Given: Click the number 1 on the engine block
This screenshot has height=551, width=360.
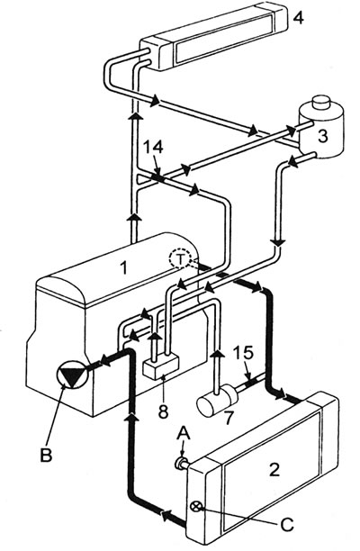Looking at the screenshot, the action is coord(123,268).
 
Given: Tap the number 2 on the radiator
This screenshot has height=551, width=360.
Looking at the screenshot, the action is coord(274,469).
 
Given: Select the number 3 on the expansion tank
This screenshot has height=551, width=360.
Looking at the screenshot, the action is coord(322,136).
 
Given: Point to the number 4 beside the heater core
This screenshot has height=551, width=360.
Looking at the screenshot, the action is coord(298,17).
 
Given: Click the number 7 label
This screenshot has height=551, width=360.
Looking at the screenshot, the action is coord(229,417).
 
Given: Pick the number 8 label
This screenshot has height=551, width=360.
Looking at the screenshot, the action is coord(163,411).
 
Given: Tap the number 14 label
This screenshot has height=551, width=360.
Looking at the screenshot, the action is coord(153,147).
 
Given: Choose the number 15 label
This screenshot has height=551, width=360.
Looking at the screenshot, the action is coord(243,354).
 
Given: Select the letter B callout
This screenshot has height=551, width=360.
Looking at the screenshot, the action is coord(46,456).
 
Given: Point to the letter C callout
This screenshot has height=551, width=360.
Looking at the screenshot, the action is coord(287,526).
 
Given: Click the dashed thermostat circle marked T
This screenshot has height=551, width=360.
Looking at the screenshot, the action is coord(180,259).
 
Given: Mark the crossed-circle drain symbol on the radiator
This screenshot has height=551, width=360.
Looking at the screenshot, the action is coord(196,506).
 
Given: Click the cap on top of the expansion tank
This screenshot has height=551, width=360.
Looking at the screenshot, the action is coord(321,103).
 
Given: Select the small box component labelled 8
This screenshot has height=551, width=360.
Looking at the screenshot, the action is coord(161,367).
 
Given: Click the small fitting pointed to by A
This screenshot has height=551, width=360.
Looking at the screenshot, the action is coord(182,464).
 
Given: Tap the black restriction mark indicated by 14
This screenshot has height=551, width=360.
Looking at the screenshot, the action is coord(158,178).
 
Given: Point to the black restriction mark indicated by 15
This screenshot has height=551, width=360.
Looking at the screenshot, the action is coord(251,382).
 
